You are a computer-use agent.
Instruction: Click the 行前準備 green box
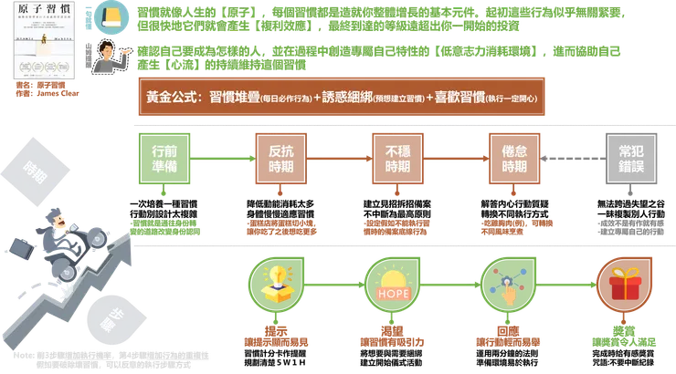tap(163, 160)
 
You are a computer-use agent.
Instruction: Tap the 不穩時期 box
tap(397, 160)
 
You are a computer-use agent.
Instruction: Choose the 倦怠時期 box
tap(514, 160)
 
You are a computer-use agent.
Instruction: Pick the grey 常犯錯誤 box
tap(631, 160)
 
